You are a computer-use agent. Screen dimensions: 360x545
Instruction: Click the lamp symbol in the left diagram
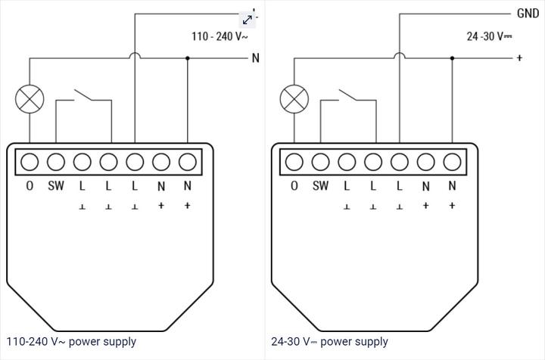(30, 99)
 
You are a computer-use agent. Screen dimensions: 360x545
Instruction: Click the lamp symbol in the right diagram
(294, 99)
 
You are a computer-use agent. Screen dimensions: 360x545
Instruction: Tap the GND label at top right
(528, 14)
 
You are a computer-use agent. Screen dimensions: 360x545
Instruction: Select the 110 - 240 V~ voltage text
(220, 36)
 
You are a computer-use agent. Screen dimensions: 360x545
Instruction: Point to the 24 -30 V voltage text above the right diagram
(489, 36)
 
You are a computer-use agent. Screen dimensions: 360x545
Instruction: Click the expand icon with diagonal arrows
(248, 19)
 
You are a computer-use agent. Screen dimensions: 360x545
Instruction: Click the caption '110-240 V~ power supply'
(71, 342)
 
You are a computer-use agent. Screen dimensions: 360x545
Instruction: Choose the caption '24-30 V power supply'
(329, 342)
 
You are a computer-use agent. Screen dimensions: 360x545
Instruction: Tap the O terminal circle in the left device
(30, 161)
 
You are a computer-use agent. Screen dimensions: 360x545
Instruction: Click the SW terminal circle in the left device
(56, 161)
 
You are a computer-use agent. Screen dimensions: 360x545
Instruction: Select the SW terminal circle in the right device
(321, 161)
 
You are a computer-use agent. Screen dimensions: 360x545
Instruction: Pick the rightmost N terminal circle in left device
(187, 161)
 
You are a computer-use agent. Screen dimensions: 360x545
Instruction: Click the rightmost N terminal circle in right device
(452, 161)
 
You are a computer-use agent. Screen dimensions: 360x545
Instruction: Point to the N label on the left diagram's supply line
(255, 58)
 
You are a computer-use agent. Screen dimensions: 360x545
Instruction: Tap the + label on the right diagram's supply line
(519, 58)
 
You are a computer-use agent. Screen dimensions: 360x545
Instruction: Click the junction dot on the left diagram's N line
(187, 58)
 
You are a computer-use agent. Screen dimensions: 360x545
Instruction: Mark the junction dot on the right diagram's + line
(452, 58)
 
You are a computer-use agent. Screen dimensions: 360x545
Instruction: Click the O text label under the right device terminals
(294, 186)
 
